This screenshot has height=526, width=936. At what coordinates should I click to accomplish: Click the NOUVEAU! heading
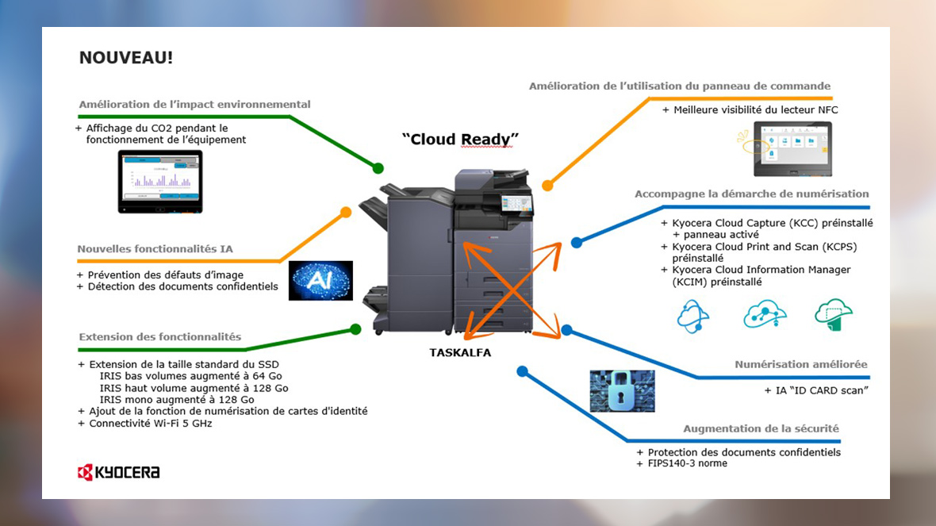tap(125, 58)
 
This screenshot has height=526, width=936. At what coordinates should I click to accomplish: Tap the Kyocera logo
tap(118, 473)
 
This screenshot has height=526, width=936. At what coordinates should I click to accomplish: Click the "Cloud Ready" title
tap(460, 140)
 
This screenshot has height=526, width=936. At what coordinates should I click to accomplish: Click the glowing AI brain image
tap(320, 280)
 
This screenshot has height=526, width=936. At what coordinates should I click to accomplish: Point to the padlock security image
tap(622, 390)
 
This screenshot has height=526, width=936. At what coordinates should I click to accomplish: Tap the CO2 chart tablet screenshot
tap(160, 182)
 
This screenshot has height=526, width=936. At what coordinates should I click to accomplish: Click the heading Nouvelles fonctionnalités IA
tap(155, 249)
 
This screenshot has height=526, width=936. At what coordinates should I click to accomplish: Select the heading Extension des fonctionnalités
tap(159, 337)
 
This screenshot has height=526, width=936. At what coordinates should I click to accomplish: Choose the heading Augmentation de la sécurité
tap(761, 429)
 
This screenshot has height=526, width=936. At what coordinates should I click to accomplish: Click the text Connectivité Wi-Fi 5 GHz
tap(150, 423)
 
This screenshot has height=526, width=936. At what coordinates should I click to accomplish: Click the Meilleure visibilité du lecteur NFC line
tap(755, 110)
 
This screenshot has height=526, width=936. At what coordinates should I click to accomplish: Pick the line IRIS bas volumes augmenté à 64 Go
tap(190, 376)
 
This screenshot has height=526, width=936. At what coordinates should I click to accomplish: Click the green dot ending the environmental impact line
tap(378, 168)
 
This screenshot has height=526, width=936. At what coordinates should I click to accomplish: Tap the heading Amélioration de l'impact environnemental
tap(194, 105)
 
